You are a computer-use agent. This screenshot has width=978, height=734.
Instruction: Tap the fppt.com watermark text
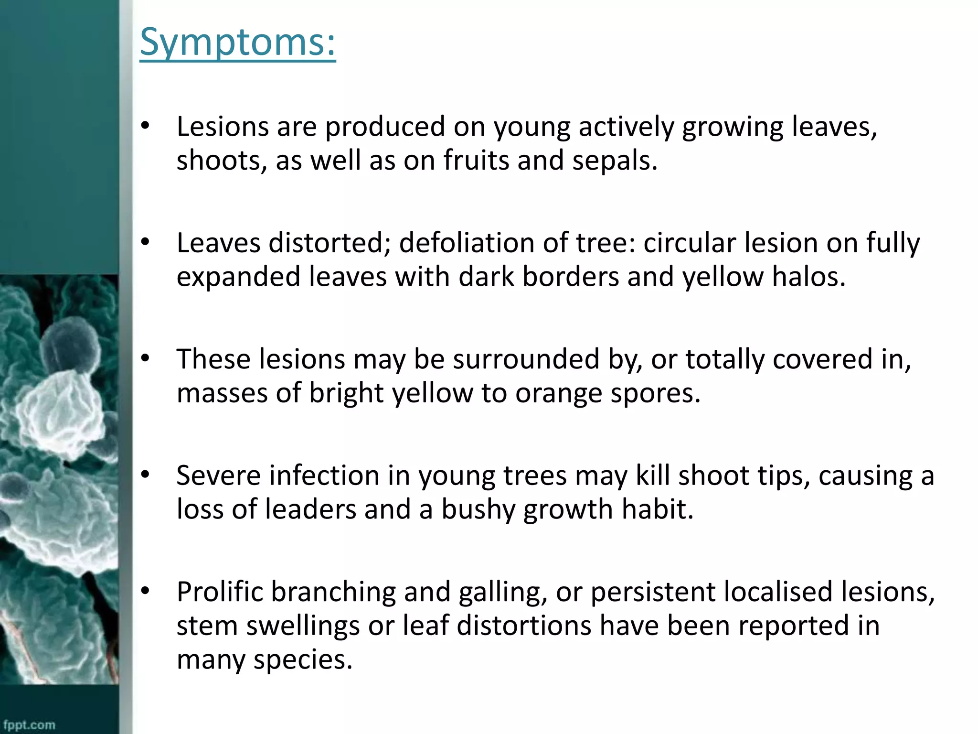(x=30, y=725)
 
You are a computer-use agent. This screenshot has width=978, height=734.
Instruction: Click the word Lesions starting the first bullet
(x=223, y=127)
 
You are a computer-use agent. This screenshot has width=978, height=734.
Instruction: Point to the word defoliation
(x=467, y=243)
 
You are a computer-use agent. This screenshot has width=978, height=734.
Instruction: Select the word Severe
(x=218, y=475)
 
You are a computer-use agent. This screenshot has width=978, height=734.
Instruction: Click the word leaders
(x=310, y=509)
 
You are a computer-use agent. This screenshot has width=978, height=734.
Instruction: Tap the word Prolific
(x=220, y=592)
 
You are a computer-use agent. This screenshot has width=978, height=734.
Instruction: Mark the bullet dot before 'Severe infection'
(x=145, y=475)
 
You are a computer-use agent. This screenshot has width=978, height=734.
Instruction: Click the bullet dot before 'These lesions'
(x=145, y=358)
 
